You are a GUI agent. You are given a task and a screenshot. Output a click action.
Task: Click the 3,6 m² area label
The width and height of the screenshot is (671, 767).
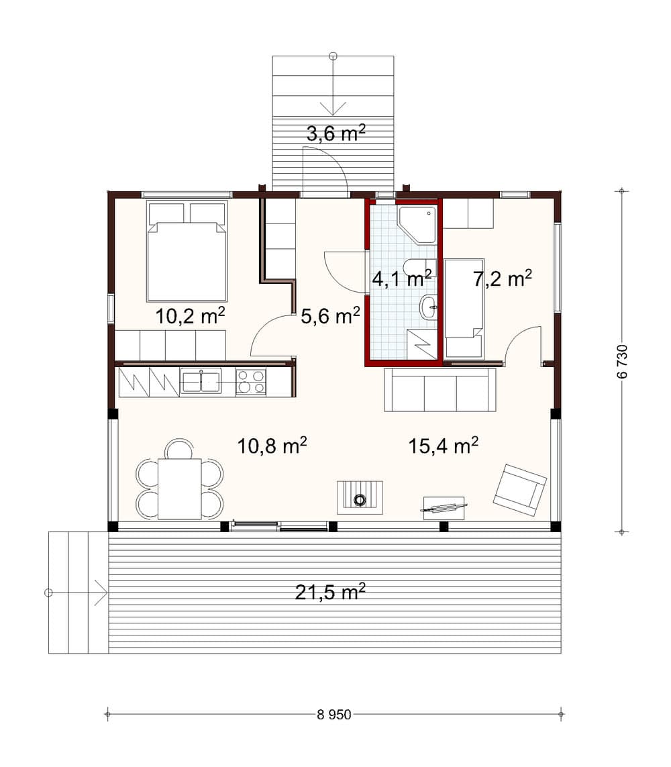tap(335, 134)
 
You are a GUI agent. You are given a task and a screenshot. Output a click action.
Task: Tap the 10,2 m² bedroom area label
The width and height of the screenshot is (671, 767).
tap(190, 315)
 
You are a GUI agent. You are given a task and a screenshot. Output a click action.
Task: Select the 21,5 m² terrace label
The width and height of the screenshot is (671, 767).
tap(330, 592)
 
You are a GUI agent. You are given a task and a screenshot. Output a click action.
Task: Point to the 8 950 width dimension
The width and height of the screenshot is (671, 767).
tap(334, 715)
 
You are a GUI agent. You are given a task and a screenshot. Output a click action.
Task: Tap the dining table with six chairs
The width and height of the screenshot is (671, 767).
tap(179, 489)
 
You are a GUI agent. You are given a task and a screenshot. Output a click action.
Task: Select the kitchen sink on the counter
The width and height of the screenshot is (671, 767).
tap(201, 382)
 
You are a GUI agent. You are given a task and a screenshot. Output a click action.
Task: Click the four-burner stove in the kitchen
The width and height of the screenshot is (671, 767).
tap(251, 382)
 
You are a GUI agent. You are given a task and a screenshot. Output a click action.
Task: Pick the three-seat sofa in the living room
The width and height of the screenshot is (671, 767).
tap(440, 390)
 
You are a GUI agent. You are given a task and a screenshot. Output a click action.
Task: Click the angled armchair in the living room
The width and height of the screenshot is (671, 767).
tap(519, 490)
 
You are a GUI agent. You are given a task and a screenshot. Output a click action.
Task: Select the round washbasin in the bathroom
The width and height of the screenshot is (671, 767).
tap(428, 308)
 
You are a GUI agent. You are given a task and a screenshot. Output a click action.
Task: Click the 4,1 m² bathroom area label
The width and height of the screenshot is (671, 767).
tap(401, 278)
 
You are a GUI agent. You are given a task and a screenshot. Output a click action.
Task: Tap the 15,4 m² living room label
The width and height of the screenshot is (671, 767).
tap(443, 445)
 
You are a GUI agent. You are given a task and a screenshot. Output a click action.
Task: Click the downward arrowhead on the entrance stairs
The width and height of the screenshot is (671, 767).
tap(333, 107)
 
